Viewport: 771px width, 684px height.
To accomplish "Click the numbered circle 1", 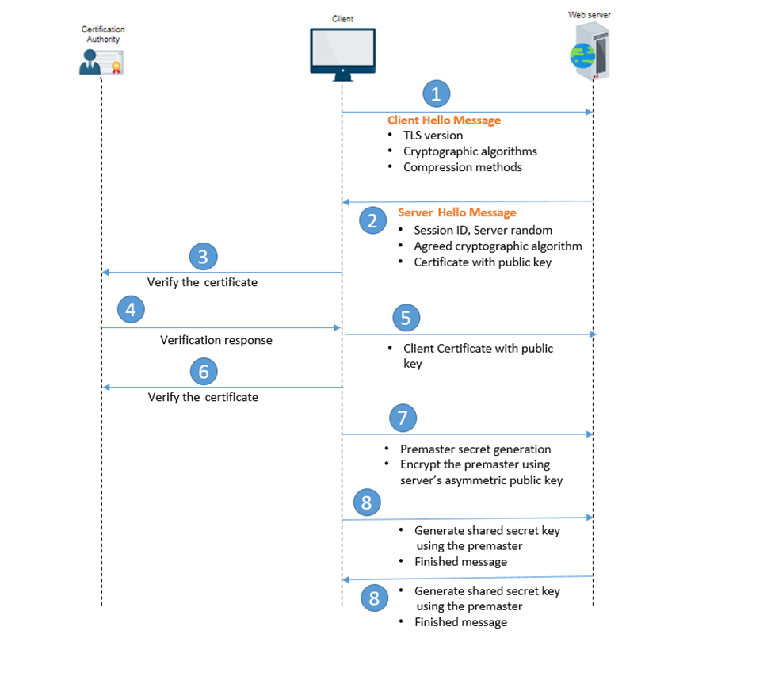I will click(436, 94).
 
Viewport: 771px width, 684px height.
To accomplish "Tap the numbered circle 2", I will click(372, 220).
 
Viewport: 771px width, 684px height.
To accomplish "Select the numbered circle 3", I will click(204, 256).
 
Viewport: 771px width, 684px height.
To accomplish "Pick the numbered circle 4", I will click(131, 309).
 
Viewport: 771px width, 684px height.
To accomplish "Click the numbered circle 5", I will click(406, 318).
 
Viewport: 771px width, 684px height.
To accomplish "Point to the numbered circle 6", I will click(204, 371).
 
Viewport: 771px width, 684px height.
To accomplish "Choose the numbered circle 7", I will click(403, 418).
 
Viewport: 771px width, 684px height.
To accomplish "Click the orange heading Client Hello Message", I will click(444, 120).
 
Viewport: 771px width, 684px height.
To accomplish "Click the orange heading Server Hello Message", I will click(456, 212).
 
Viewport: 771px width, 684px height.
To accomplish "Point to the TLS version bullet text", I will click(433, 136).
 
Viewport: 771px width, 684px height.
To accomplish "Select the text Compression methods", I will click(462, 167).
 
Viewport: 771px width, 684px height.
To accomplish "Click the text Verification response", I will click(216, 340).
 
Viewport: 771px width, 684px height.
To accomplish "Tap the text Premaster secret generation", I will click(475, 449).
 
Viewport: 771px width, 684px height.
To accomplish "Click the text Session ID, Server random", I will click(483, 230).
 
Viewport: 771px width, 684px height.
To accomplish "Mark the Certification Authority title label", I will click(103, 34).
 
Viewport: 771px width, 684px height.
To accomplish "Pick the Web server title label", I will click(590, 15).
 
